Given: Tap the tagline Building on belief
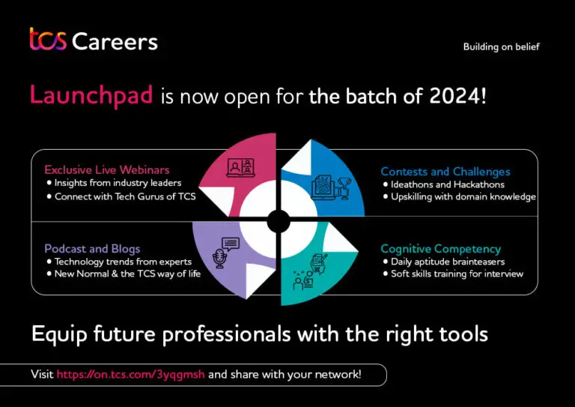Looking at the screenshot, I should coord(501,46).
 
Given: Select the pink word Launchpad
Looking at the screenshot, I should coord(91,95).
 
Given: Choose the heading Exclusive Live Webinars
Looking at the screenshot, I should coord(106,170).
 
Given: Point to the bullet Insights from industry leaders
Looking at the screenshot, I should coord(118,184).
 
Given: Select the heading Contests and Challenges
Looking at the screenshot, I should coord(445,172).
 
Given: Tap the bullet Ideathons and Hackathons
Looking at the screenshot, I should coord(447,184).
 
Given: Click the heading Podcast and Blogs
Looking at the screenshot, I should coord(92,248).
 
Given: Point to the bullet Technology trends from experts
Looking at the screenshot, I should coord(123,262).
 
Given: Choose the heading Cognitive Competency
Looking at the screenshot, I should coord(440,248).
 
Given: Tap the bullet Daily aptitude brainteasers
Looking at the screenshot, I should coord(447,262).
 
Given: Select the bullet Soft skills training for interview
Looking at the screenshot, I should coord(457,274).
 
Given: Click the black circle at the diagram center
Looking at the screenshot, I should coord(279,220).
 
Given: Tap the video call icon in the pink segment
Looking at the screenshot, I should coord(241,168).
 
